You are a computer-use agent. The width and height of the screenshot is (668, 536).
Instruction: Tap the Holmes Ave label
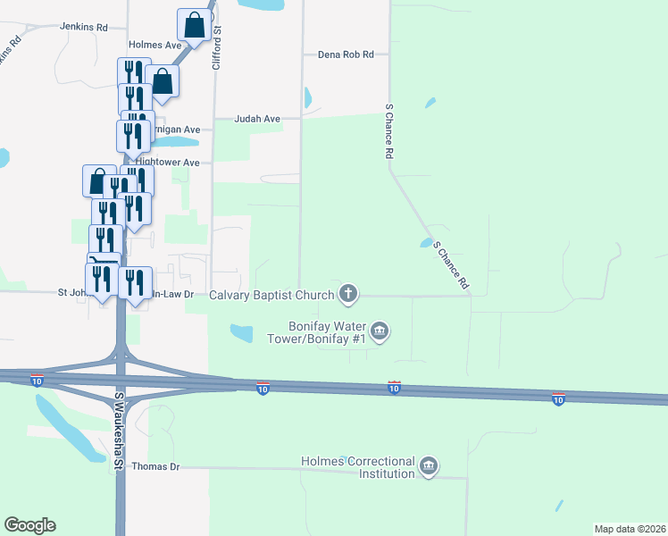point(155,44)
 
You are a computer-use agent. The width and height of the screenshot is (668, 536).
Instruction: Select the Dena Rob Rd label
point(346,54)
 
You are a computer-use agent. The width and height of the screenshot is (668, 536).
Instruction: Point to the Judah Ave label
point(258,118)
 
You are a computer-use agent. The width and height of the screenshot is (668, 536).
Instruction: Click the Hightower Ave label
point(168,163)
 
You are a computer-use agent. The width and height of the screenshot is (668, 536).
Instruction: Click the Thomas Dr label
point(155,466)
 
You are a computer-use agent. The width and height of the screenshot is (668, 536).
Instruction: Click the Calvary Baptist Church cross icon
point(348,293)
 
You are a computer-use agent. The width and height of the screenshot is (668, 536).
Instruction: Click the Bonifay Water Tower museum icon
point(380,332)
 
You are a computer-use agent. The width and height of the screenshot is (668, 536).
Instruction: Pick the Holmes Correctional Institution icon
point(429,467)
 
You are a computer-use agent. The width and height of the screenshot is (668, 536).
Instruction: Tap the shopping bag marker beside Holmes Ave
point(195,27)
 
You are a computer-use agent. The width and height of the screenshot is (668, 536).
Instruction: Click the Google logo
point(29,525)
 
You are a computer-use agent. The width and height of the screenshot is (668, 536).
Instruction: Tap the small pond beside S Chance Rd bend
point(425,242)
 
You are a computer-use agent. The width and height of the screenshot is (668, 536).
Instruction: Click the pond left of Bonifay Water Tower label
point(241,333)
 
